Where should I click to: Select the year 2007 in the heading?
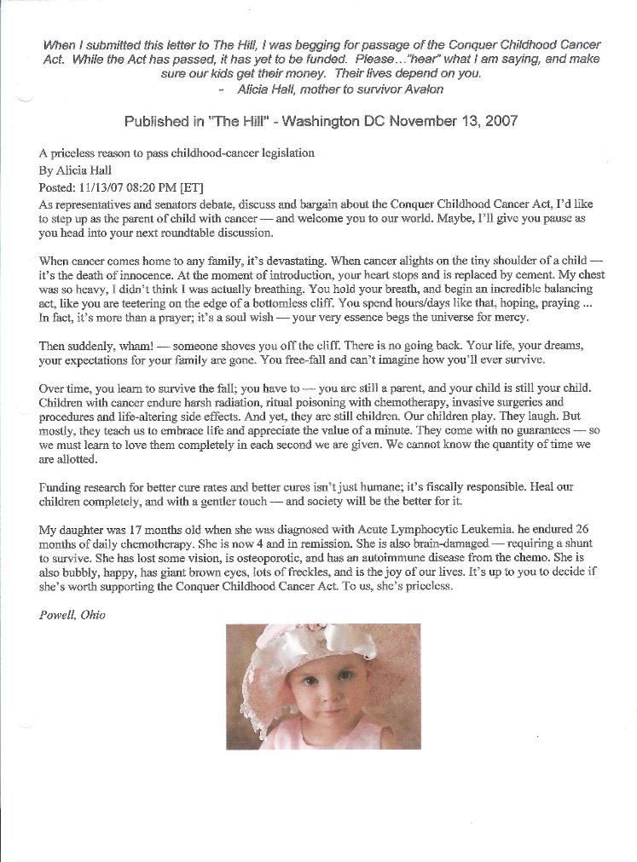coord(501,121)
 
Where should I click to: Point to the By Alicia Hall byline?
coord(75,170)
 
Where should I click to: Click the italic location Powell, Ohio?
coord(72,615)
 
